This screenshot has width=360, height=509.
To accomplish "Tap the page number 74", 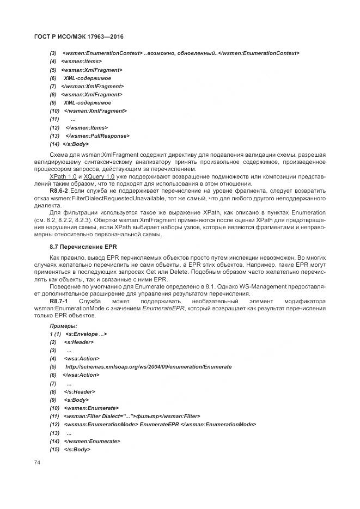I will pyautogui.click(x=37, y=462).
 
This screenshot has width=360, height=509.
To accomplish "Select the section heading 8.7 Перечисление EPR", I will pyautogui.click(x=80, y=247).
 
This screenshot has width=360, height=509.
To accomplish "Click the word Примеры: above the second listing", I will pyautogui.click(x=63, y=325).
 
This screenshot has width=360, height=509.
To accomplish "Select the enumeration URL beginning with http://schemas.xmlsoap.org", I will pyautogui.click(x=148, y=367).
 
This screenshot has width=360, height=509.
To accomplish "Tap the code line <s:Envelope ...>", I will pyautogui.click(x=86, y=334).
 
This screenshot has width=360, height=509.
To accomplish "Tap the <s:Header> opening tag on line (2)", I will pyautogui.click(x=79, y=342).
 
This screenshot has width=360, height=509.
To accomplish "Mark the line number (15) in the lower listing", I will pyautogui.click(x=54, y=450).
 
